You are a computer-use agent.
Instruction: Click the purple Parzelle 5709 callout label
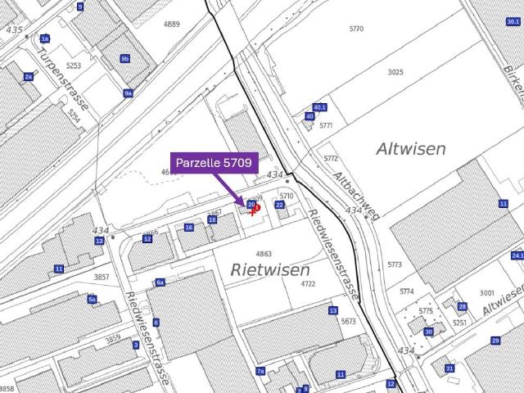(x=214, y=163)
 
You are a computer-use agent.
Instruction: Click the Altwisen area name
(x=411, y=149)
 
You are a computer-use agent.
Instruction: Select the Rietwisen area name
(x=270, y=269)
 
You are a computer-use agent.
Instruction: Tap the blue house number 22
(x=279, y=205)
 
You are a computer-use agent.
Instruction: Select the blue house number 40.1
(x=320, y=107)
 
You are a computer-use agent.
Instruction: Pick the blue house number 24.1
(x=517, y=256)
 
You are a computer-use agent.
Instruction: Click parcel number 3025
(x=395, y=72)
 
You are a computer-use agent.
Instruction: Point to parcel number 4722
(x=308, y=284)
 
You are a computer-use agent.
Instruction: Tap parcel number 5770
(x=356, y=29)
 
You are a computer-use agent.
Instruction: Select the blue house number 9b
(x=124, y=59)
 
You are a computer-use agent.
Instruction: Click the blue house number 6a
(x=160, y=282)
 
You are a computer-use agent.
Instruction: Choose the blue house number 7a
(x=260, y=371)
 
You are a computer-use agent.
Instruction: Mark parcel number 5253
(x=74, y=65)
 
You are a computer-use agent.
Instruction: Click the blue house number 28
(x=462, y=306)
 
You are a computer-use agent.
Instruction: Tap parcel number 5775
(x=426, y=311)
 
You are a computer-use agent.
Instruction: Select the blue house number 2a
(x=29, y=76)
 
